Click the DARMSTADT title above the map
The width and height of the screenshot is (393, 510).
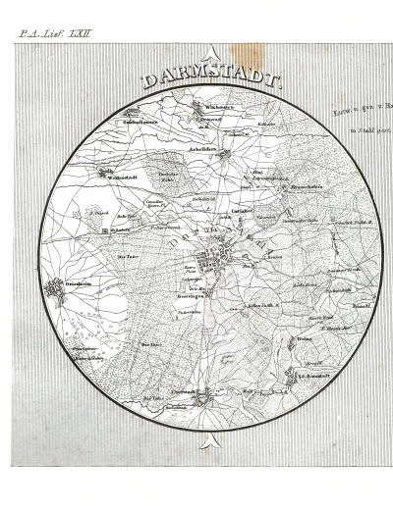[x=209, y=80]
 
